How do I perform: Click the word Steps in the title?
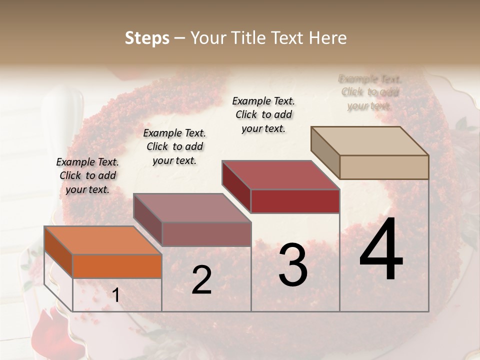[146, 38]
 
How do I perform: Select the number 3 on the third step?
[293, 265]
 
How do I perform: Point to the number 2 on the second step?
[201, 280]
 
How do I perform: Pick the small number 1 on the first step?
[115, 295]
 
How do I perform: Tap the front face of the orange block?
[117, 266]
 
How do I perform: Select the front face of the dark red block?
[295, 201]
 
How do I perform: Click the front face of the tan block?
[384, 167]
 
